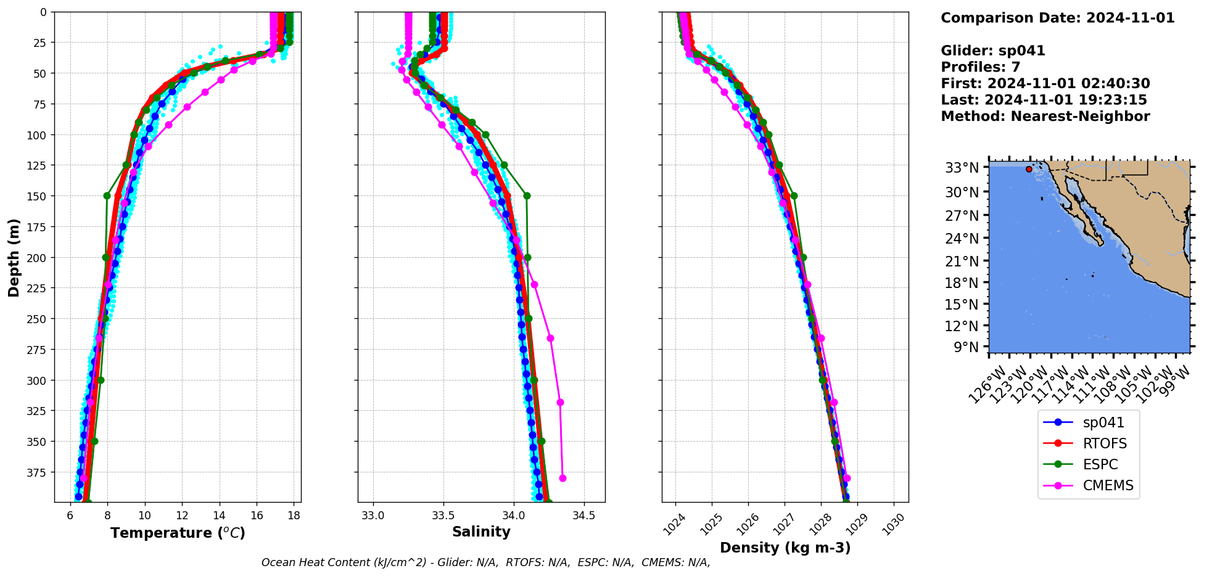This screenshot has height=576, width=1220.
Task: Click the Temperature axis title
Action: click(178, 533)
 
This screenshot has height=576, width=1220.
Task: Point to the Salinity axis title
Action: click(481, 532)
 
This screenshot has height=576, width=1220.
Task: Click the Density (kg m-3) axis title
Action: click(785, 548)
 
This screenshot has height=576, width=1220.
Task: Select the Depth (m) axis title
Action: click(14, 257)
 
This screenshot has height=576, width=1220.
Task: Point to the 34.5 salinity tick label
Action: click(583, 516)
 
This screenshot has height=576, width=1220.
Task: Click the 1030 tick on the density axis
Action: click(893, 524)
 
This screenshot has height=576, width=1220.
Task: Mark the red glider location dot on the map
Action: click(1029, 169)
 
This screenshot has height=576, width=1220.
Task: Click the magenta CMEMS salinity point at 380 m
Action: click(563, 478)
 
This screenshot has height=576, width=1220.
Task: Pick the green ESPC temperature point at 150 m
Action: click(107, 195)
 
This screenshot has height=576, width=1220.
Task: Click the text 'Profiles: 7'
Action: click(980, 67)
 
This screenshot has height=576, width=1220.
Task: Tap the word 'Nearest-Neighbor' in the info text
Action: click(1080, 117)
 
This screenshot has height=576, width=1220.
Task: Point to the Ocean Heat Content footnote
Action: click(485, 562)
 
